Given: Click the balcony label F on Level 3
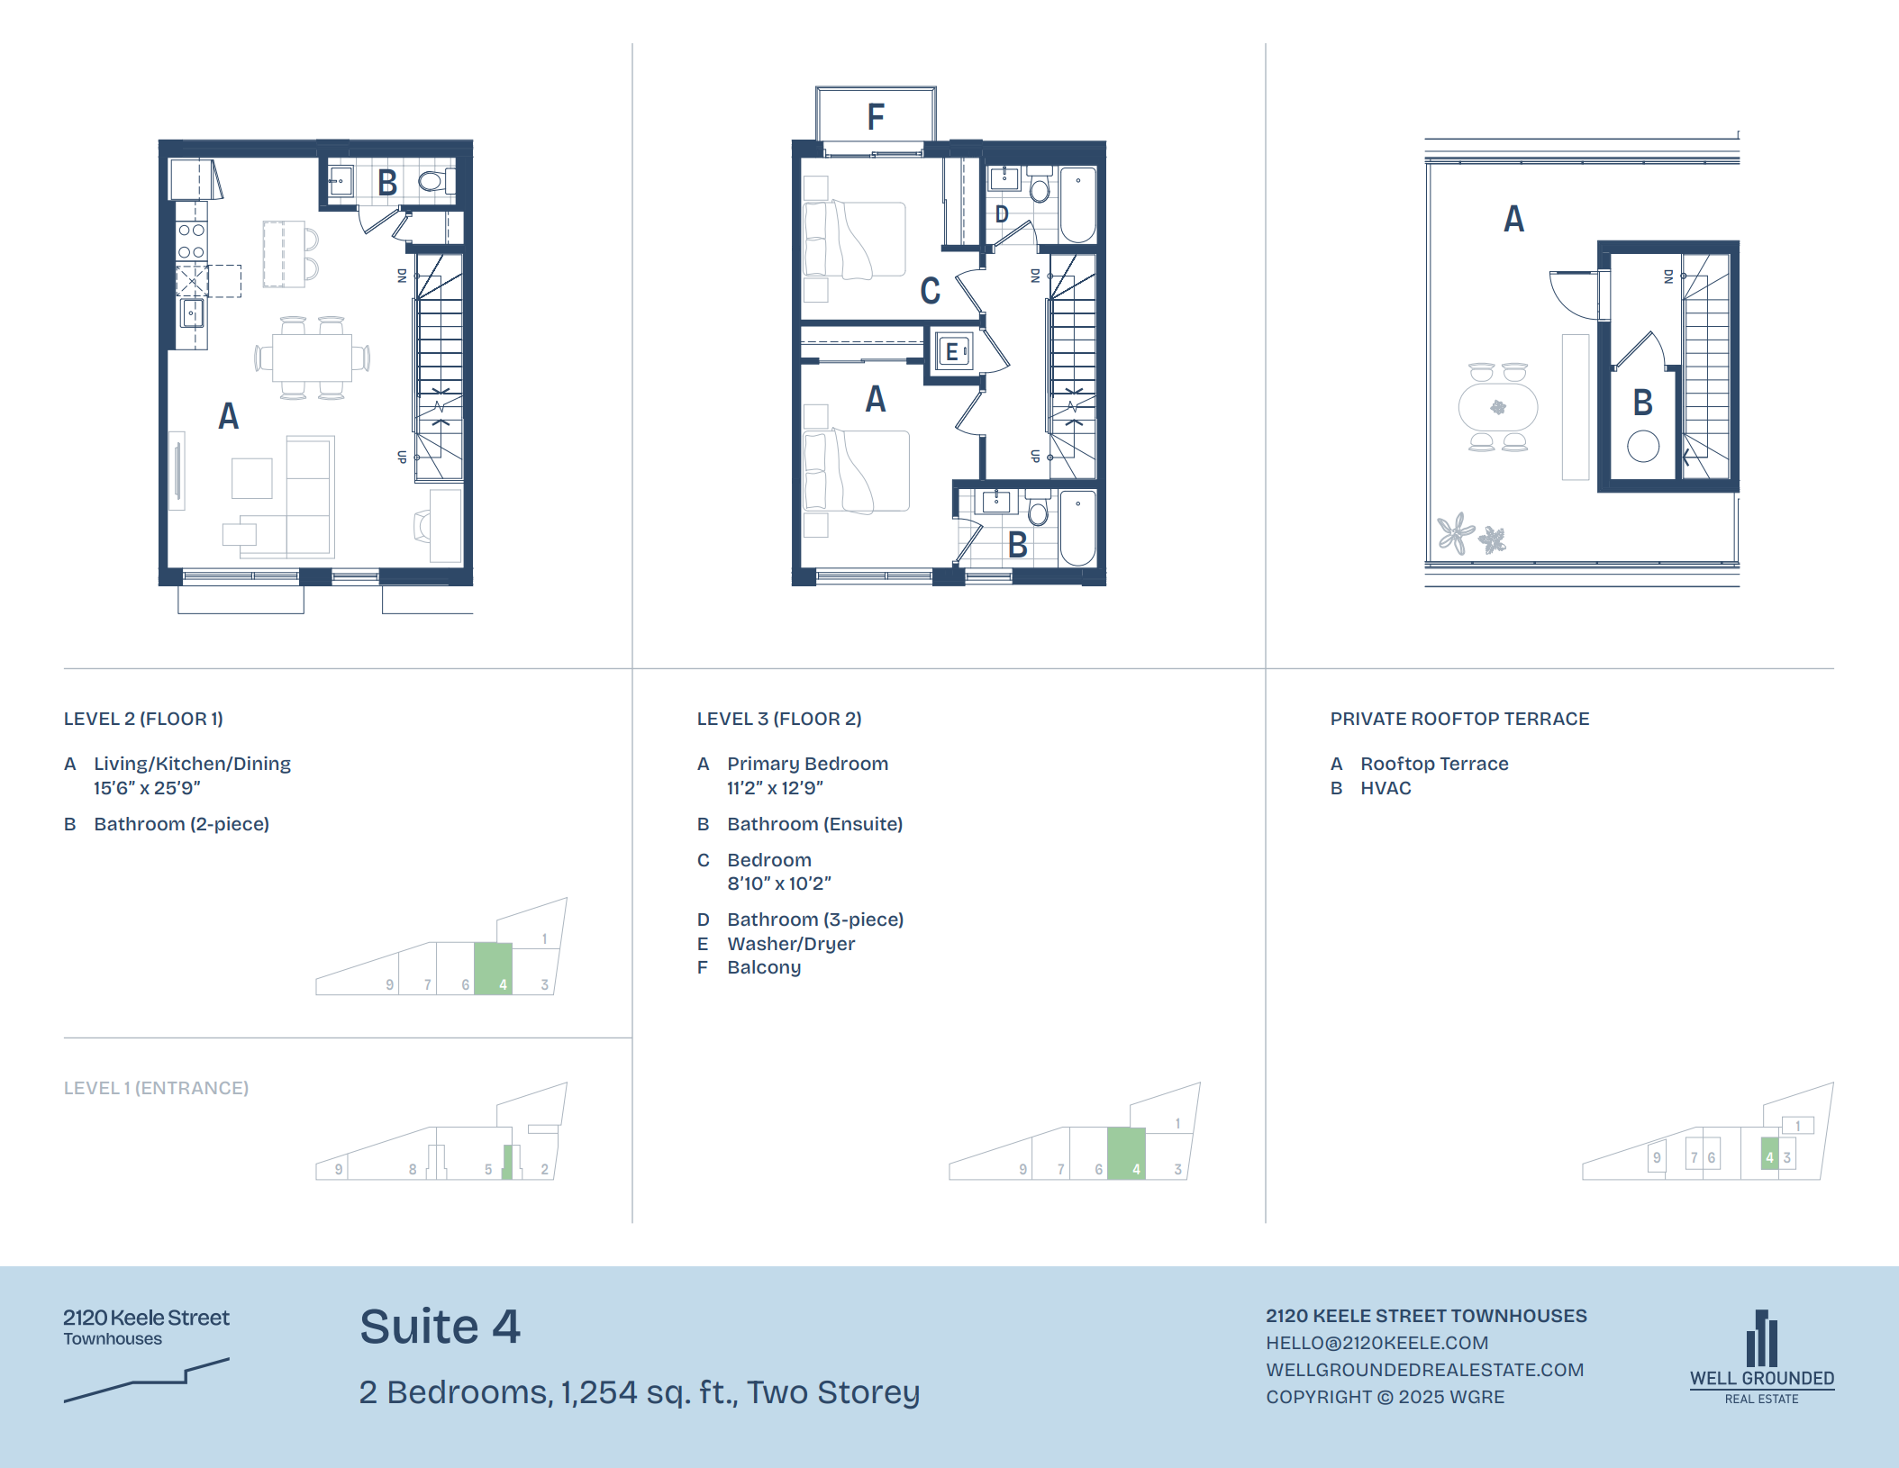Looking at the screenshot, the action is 876,117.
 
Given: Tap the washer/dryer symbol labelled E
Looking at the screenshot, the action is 953,351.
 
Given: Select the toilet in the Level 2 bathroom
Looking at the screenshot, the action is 434,181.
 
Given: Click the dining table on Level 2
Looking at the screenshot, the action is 312,358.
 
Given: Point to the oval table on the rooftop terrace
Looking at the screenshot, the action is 1498,407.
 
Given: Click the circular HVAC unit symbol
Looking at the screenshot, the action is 1643,446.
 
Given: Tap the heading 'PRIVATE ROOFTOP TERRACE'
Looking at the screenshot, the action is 1459,719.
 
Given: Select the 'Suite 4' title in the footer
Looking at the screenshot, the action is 440,1327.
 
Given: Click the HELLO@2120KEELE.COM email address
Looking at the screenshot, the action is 1377,1343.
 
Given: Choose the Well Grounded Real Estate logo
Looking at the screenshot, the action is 1761,1357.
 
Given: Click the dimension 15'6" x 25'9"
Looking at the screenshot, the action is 147,788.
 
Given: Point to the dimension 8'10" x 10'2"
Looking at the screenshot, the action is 779,884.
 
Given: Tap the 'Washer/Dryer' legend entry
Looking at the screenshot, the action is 791,944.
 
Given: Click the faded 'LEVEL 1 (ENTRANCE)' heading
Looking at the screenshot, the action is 156,1088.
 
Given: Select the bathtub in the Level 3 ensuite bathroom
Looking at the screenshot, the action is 1077,527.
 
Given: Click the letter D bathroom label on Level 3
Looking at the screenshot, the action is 1002,214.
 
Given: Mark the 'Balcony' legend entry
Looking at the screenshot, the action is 764,967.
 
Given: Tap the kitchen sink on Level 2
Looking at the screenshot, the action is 192,313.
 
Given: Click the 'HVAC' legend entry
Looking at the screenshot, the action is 1386,788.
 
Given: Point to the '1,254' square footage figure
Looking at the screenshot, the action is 599,1392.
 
